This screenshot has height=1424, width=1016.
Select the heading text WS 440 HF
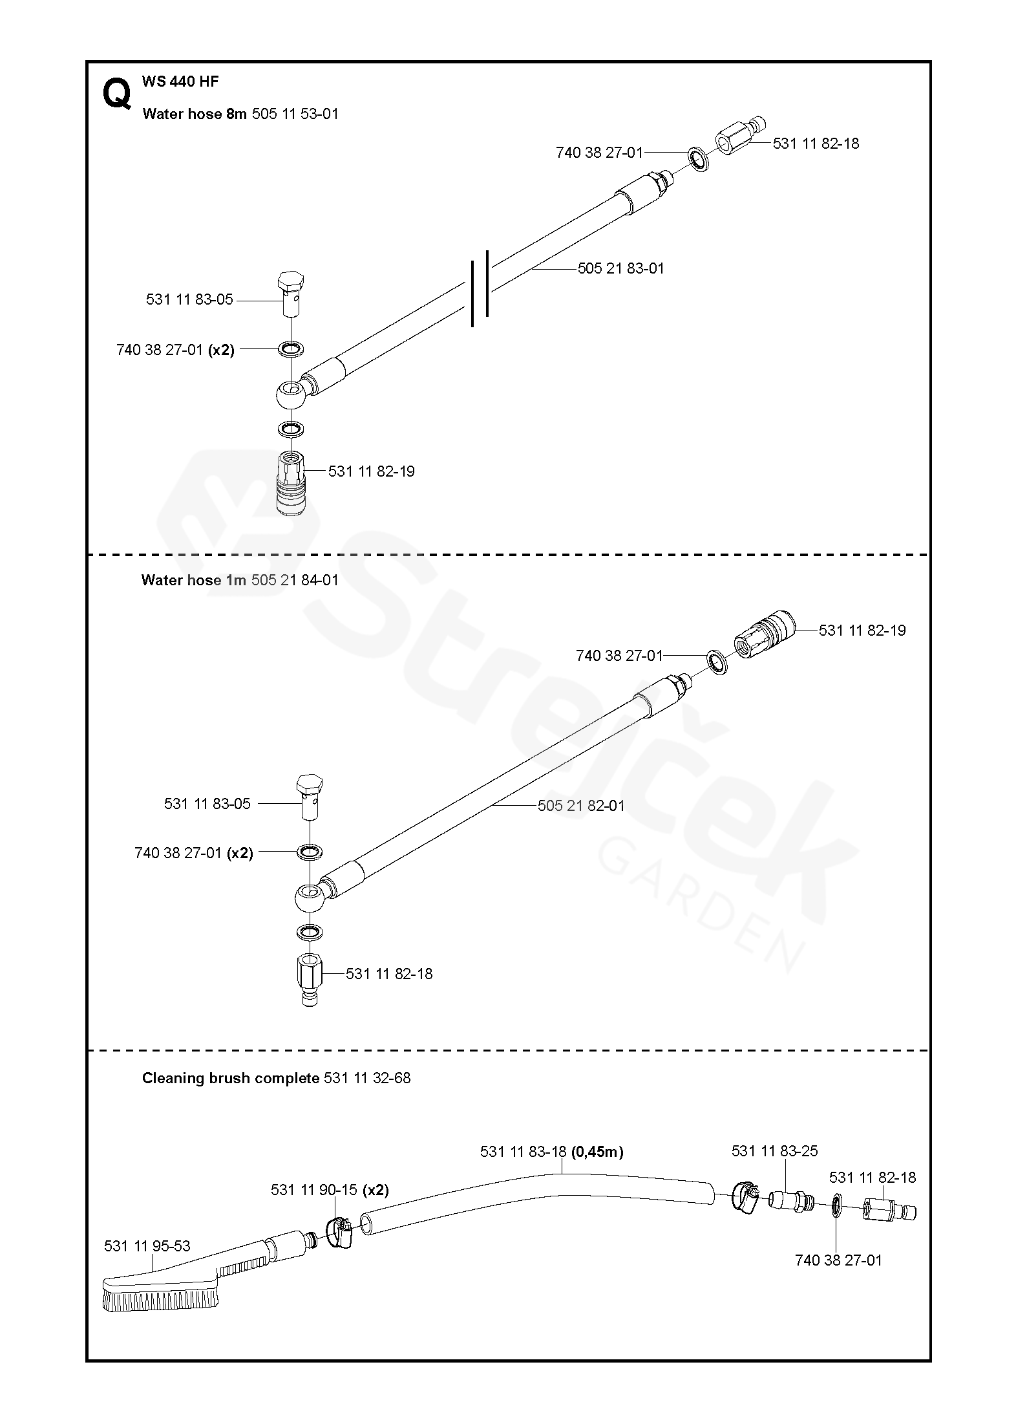coord(180,81)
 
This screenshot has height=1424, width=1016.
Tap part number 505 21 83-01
coord(620,268)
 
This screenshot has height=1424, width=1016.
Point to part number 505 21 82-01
coord(581,806)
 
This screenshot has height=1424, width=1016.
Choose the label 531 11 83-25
coord(774,1151)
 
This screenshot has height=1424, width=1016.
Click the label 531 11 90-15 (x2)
coord(330,1190)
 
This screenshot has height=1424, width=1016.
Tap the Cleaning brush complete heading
coord(276,1078)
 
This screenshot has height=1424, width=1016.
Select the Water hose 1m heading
coord(239,580)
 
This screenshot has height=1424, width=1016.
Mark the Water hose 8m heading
coord(240,114)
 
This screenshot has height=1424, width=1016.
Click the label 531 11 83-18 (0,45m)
coord(551,1152)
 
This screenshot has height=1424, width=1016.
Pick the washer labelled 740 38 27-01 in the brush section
coord(836,1205)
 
